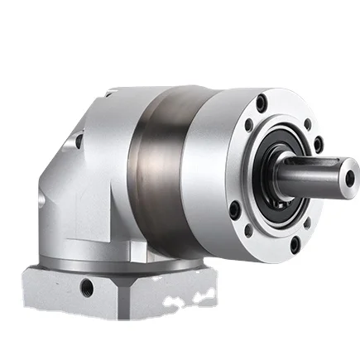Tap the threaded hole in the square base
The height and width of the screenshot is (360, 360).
(87, 288)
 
